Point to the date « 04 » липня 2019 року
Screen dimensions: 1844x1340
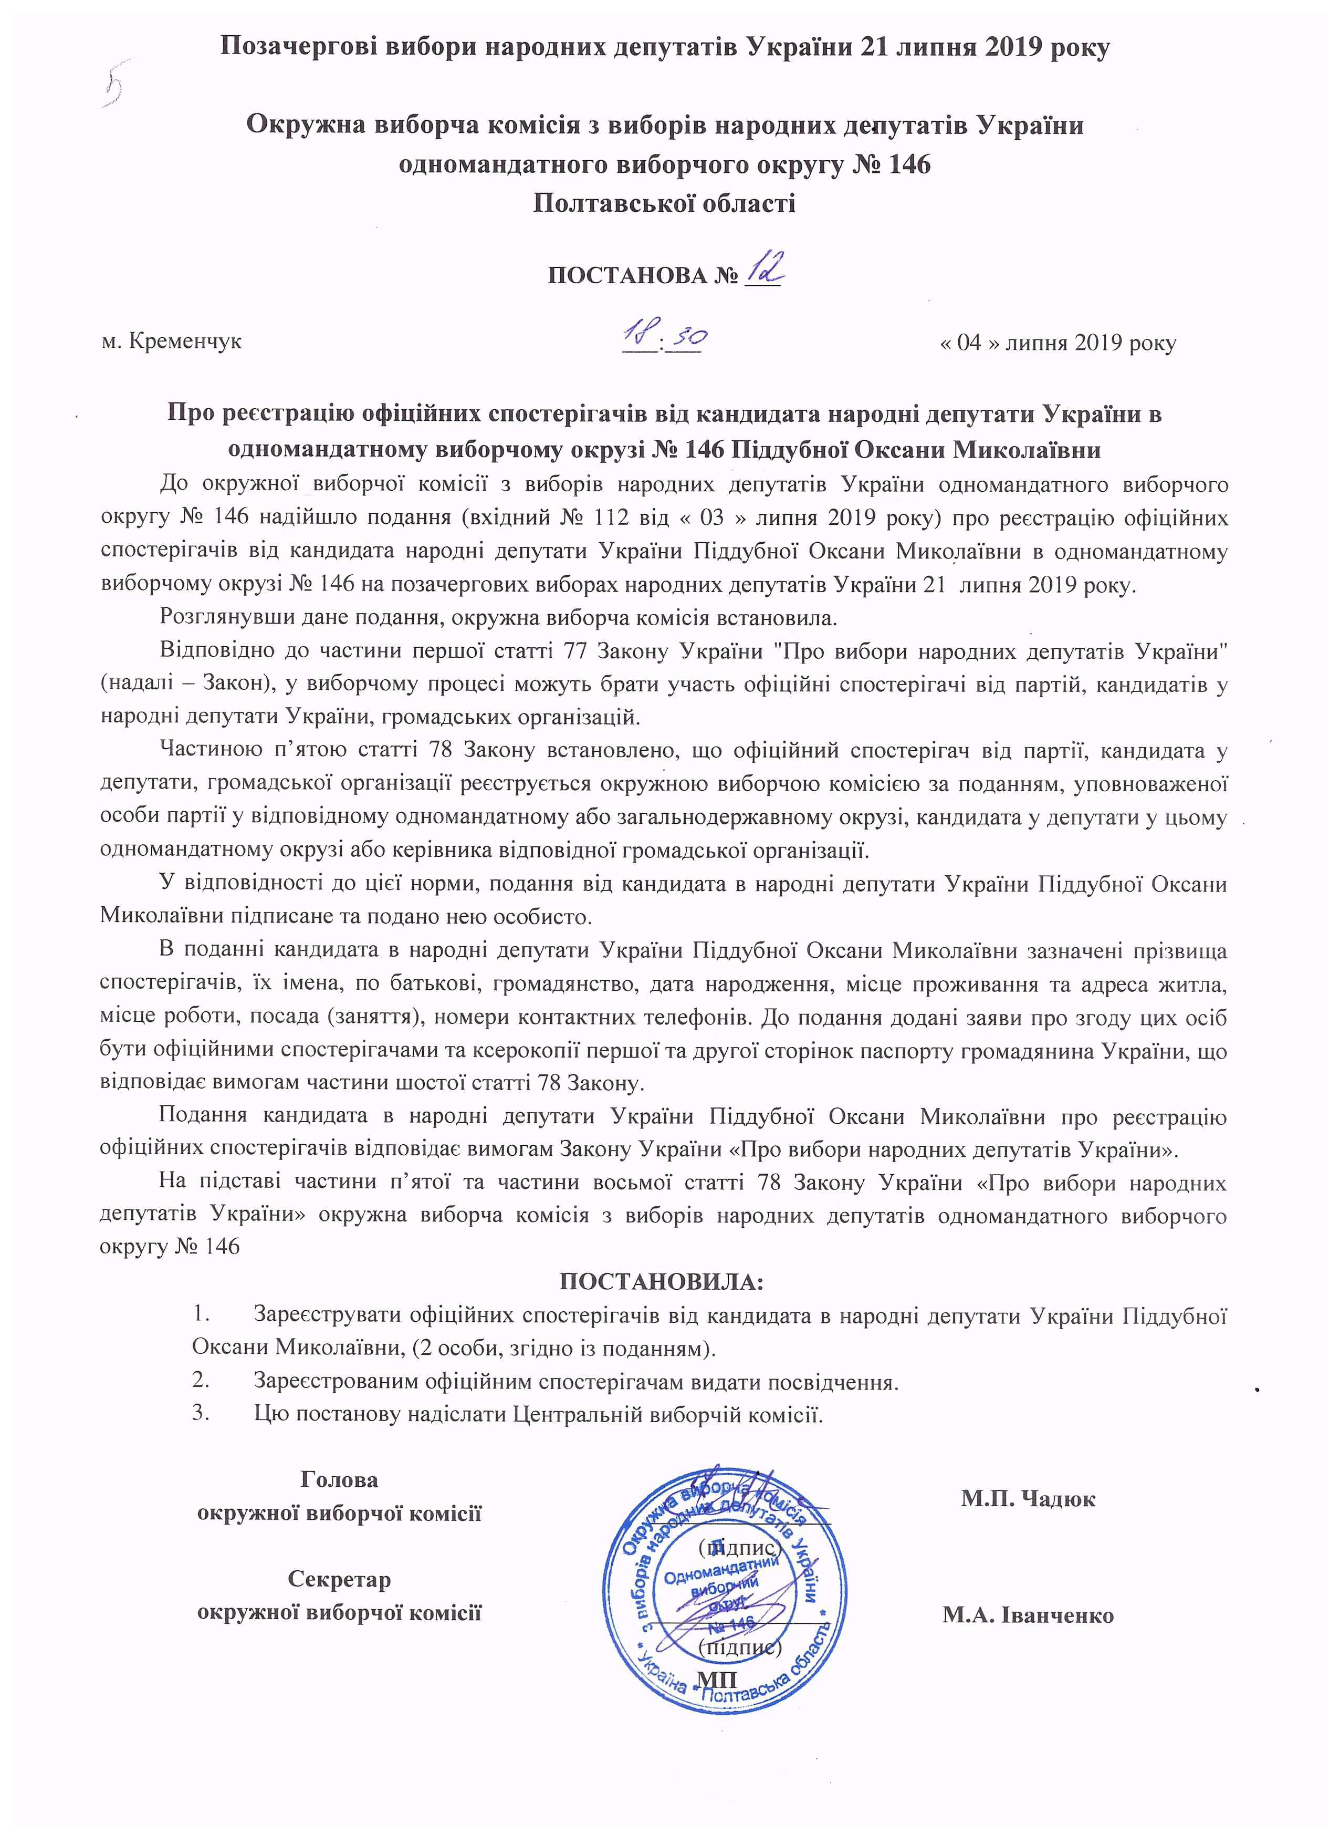click(1057, 343)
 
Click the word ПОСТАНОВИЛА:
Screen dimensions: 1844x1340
click(662, 1282)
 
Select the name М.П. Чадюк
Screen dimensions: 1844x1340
click(1028, 1498)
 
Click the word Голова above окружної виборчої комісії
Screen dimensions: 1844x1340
click(340, 1479)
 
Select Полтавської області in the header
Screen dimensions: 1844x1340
click(664, 202)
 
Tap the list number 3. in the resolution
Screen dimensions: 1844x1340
click(201, 1413)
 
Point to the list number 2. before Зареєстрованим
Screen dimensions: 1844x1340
click(201, 1381)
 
